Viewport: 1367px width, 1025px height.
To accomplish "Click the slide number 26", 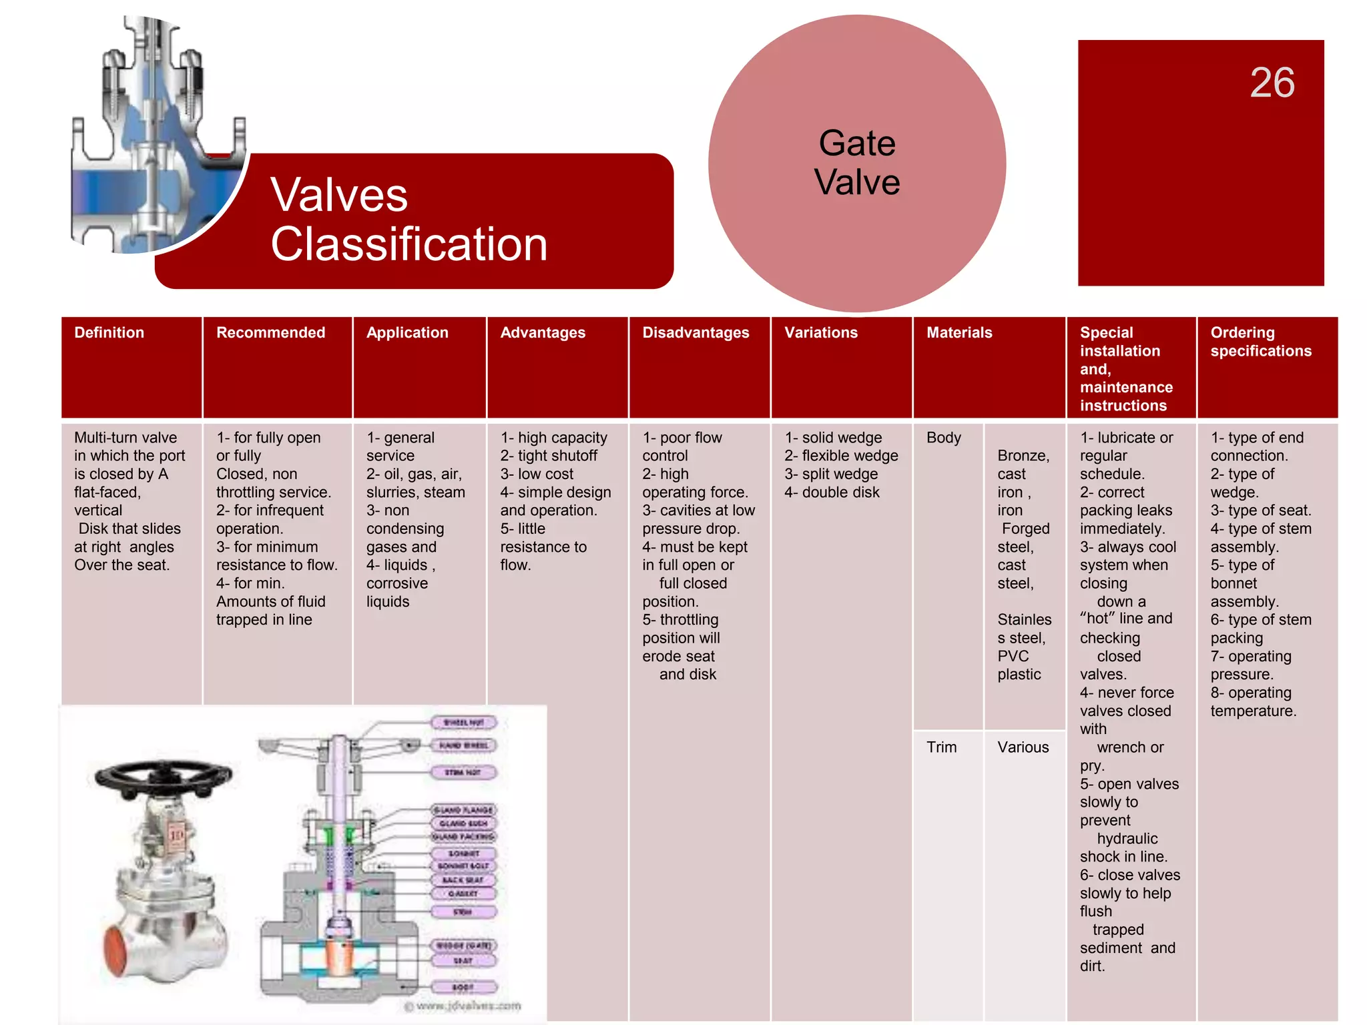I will (1272, 83).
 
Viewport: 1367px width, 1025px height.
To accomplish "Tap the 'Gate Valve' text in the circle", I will (857, 162).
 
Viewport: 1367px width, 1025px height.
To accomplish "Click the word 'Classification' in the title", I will (408, 244).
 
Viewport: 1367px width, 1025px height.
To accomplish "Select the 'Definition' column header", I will (109, 332).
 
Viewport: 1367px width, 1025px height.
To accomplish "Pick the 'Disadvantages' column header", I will (696, 332).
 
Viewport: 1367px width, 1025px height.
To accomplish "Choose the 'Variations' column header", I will (821, 332).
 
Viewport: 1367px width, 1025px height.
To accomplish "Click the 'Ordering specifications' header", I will (1261, 342).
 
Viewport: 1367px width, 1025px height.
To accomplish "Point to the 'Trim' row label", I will (941, 747).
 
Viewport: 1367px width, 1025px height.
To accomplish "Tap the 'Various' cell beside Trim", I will (1023, 747).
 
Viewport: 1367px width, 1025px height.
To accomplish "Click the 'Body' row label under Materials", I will (943, 438).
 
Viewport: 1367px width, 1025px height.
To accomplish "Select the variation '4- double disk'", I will (832, 492).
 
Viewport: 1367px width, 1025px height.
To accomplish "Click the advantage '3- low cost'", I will (537, 474).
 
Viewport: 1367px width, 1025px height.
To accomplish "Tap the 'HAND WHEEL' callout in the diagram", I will (464, 745).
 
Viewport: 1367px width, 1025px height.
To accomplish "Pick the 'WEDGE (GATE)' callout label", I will (464, 946).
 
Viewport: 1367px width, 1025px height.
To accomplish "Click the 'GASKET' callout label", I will (464, 894).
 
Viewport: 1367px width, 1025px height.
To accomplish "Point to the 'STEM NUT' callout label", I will (464, 773).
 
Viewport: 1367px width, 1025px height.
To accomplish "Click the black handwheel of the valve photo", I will (163, 777).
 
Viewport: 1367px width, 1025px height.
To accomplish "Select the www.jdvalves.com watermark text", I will (463, 1006).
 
